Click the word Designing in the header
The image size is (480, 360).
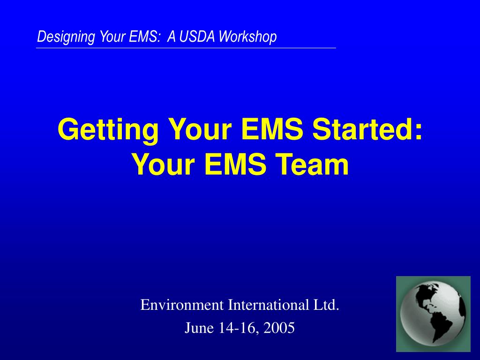coord(66,37)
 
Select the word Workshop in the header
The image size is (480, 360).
coord(247,37)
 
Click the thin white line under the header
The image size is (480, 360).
coord(186,48)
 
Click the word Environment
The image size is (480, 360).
coord(182,305)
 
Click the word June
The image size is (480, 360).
coord(199,328)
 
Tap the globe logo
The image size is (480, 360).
coord(433,314)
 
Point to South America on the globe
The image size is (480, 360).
coord(441,324)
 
